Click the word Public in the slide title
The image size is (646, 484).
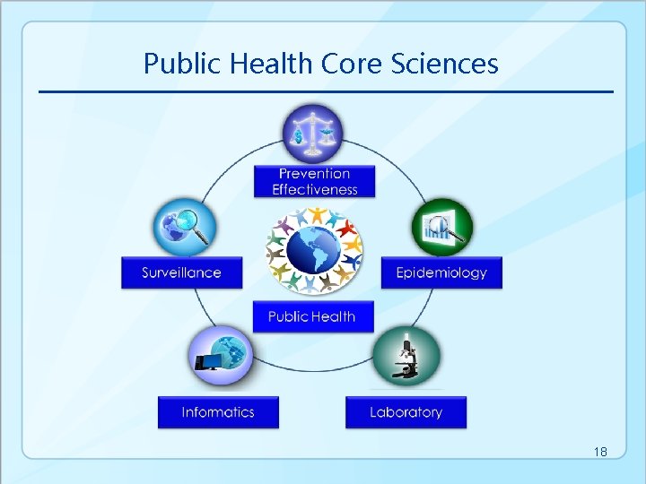pyautogui.click(x=178, y=64)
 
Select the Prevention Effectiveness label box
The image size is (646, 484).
pyautogui.click(x=314, y=181)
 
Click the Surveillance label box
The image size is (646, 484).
pyautogui.click(x=182, y=272)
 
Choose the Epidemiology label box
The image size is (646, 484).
pyautogui.click(x=441, y=272)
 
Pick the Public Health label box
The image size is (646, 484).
pyautogui.click(x=312, y=316)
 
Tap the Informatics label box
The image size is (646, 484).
pyautogui.click(x=218, y=412)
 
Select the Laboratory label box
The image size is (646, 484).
pyautogui.click(x=406, y=412)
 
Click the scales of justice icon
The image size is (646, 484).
pyautogui.click(x=312, y=134)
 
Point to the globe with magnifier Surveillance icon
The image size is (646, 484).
pyautogui.click(x=185, y=227)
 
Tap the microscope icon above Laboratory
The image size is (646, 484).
pyautogui.click(x=406, y=357)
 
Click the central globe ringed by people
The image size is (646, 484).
pyautogui.click(x=313, y=249)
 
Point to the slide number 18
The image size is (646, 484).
pyautogui.click(x=600, y=453)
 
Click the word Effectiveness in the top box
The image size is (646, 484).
pyautogui.click(x=314, y=189)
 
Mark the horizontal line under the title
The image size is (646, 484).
pyautogui.click(x=326, y=91)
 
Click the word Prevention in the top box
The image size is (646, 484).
pyautogui.click(x=314, y=173)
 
